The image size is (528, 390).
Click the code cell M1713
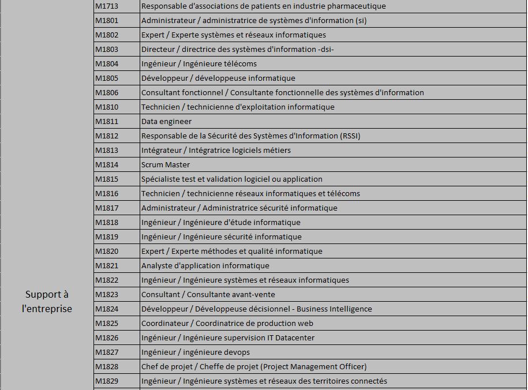pyautogui.click(x=107, y=6)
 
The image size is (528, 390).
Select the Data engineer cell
pyautogui.click(x=166, y=122)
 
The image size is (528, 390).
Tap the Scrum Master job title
pyautogui.click(x=166, y=165)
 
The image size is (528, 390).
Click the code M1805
pyautogui.click(x=107, y=78)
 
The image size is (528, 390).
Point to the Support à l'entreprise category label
pyautogui.click(x=47, y=302)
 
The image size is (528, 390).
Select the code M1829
pyautogui.click(x=107, y=381)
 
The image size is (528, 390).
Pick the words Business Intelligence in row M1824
pyautogui.click(x=334, y=309)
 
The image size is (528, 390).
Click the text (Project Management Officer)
pyautogui.click(x=313, y=367)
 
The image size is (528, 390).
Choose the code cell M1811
pyautogui.click(x=107, y=122)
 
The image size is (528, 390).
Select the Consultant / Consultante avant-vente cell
pyautogui.click(x=208, y=295)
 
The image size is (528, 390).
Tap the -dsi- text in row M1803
pyautogui.click(x=325, y=50)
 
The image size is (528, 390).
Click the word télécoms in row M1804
pyautogui.click(x=240, y=64)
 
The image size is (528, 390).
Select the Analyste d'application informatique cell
pyautogui.click(x=205, y=266)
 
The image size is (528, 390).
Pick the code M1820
pyautogui.click(x=107, y=252)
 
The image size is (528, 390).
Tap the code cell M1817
pyautogui.click(x=107, y=208)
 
